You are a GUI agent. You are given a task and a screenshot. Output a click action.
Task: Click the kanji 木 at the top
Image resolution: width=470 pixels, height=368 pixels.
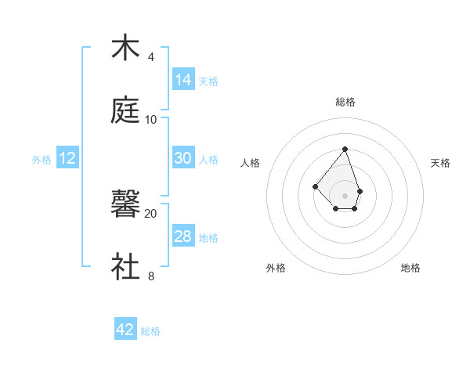(126, 49)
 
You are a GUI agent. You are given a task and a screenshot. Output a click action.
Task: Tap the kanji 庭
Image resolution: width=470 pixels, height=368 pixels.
(126, 111)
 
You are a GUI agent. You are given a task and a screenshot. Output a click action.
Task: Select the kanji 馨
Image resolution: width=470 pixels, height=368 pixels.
(126, 205)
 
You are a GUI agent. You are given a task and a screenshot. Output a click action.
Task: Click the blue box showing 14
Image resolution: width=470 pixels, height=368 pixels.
(183, 79)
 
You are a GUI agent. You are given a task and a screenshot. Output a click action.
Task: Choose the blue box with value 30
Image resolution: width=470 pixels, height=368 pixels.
(183, 158)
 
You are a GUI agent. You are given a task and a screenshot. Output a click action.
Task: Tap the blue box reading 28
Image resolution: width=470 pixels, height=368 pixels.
(183, 236)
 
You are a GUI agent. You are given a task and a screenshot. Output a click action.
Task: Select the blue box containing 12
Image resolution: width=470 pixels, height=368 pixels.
(67, 158)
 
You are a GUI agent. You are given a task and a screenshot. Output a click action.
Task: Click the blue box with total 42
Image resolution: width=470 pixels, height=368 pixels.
(125, 330)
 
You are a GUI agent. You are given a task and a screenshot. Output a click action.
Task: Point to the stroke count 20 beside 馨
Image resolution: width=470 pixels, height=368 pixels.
(151, 213)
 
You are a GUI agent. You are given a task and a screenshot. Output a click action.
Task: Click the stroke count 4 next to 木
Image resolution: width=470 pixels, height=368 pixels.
(151, 57)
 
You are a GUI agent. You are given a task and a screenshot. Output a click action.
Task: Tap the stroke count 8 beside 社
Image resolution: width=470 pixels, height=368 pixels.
(151, 276)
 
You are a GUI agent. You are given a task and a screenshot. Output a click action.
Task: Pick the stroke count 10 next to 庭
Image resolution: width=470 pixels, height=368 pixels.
(151, 119)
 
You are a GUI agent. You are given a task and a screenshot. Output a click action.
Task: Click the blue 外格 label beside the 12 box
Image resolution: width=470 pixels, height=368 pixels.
(42, 160)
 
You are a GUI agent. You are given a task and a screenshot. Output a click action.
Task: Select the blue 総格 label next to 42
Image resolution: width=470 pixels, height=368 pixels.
(150, 331)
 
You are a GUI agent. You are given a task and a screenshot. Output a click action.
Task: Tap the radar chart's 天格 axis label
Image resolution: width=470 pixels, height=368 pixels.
(440, 163)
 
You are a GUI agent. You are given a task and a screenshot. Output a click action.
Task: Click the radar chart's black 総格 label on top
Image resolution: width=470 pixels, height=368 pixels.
(345, 102)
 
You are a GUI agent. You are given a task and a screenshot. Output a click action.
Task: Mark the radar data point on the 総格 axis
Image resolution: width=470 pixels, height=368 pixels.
(345, 149)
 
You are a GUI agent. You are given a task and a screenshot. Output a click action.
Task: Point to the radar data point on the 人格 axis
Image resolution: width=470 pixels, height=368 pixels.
(315, 186)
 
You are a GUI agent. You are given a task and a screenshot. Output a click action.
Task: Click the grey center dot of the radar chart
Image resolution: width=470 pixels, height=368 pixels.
(345, 195)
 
